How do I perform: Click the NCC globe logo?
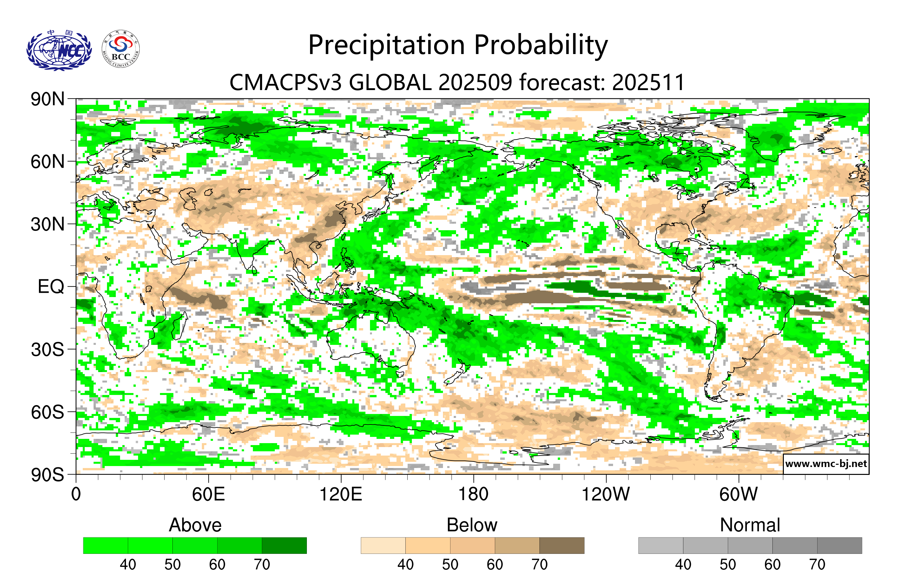[x=59, y=50]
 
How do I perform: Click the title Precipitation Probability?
[x=458, y=45]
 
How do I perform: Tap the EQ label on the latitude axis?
[x=51, y=287]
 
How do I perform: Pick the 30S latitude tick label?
[x=47, y=349]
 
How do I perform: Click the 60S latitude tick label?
[x=47, y=412]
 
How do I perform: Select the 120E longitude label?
[x=341, y=494]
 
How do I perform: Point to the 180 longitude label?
[x=473, y=494]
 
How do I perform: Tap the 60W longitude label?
[x=738, y=494]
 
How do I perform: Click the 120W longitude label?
[x=606, y=494]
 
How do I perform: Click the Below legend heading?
[x=472, y=525]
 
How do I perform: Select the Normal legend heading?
[x=750, y=525]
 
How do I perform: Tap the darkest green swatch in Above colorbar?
[x=284, y=545]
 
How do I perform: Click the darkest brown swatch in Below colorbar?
[x=562, y=545]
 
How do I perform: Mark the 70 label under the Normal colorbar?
[x=817, y=564]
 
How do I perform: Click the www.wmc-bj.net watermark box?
[x=826, y=464]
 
